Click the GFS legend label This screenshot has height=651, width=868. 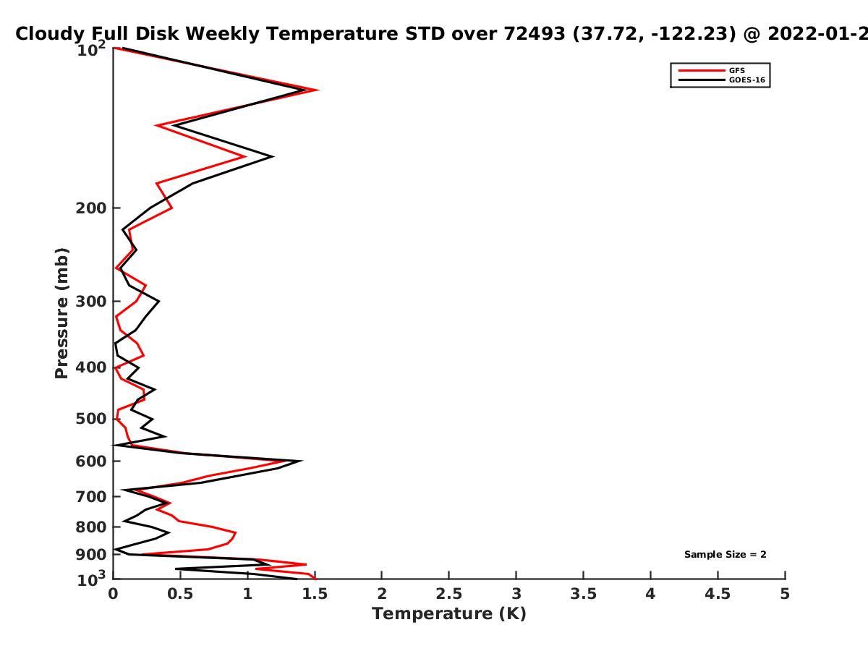click(736, 70)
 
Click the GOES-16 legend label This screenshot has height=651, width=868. click(747, 80)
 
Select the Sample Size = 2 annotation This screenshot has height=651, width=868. click(726, 555)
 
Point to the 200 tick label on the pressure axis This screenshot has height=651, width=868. click(91, 208)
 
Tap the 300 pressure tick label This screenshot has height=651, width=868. click(91, 301)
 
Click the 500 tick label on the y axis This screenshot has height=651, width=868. click(91, 419)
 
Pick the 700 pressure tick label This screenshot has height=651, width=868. click(91, 496)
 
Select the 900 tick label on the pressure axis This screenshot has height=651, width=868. click(91, 555)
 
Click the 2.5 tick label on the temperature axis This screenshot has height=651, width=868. click(449, 594)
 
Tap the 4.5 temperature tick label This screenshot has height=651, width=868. click(718, 594)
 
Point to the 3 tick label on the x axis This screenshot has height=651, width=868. click(516, 594)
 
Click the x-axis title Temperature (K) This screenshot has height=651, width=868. click(449, 614)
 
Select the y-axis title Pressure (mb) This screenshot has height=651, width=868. click(61, 313)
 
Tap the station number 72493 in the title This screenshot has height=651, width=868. click(535, 34)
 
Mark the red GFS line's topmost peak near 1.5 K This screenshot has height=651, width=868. click(318, 90)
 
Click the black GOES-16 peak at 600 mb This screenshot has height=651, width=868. click(301, 461)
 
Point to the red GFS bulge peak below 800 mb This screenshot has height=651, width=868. click(236, 533)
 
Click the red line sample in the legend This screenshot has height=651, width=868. click(702, 70)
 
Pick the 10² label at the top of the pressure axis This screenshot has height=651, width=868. click(91, 48)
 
